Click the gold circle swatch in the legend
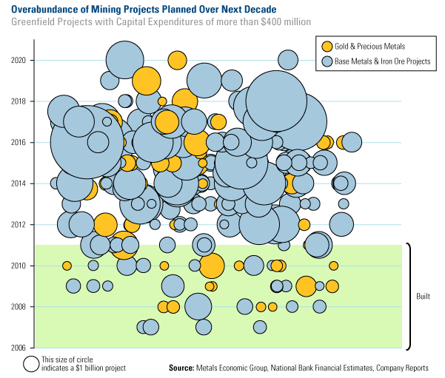coord(324,47)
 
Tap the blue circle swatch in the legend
coord(324,61)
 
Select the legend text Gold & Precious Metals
coord(369,47)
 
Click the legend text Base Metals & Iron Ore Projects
coord(382,61)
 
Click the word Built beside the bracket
coord(424,296)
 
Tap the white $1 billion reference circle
coord(31,364)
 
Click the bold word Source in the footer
coord(181,368)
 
